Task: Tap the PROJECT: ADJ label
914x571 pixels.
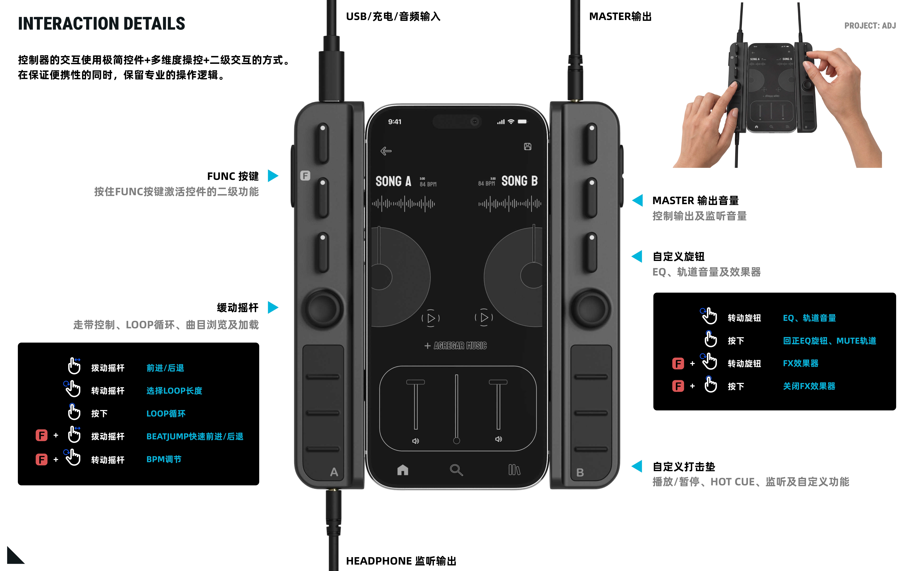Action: [x=870, y=26]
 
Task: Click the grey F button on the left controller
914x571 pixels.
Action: [x=305, y=176]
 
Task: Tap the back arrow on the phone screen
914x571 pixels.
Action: [x=386, y=151]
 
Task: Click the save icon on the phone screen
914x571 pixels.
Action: [x=527, y=147]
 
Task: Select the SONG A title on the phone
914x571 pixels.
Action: [x=393, y=181]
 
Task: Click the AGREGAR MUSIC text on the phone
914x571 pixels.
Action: [x=460, y=346]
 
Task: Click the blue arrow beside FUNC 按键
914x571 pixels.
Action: [x=273, y=176]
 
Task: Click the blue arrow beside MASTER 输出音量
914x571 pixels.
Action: [x=638, y=200]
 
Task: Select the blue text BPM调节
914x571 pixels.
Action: [x=164, y=459]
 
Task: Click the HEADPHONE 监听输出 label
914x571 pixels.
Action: [x=401, y=561]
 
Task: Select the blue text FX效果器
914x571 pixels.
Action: [x=800, y=363]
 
